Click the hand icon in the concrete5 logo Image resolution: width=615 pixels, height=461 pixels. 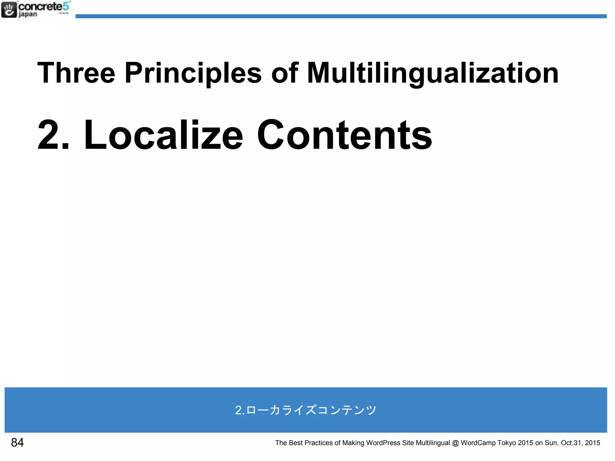9,10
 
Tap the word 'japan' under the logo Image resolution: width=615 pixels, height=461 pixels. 28,14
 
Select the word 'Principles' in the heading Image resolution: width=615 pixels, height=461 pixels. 193,73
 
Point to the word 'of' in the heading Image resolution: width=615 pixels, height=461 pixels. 284,73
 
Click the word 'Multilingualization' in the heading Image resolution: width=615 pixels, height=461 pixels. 433,73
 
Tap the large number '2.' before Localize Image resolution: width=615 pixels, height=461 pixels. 53,135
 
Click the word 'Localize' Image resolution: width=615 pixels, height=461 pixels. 163,135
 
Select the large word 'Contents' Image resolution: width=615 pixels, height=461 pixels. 344,135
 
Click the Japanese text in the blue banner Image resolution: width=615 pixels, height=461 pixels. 306,410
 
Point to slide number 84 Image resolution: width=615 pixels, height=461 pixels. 17,442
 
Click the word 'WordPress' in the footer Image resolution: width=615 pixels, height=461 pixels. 383,443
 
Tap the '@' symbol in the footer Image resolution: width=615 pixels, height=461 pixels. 455,443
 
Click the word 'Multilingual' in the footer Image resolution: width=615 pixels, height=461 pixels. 433,443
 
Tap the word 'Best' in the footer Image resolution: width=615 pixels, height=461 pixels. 295,443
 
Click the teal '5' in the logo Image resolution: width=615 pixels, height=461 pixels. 66,6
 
